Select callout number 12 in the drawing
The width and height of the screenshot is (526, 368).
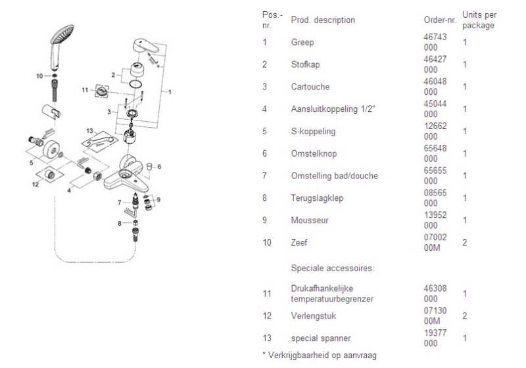pyautogui.click(x=36, y=185)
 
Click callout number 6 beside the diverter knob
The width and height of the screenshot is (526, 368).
pyautogui.click(x=158, y=167)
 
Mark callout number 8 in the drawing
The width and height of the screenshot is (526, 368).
pyautogui.click(x=120, y=224)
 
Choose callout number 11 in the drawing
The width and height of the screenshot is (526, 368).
pyautogui.click(x=84, y=90)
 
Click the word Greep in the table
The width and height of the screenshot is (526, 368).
pyautogui.click(x=302, y=42)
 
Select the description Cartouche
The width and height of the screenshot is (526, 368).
pyautogui.click(x=310, y=87)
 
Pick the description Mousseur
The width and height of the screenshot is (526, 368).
pyautogui.click(x=309, y=221)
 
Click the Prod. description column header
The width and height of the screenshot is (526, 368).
pyautogui.click(x=322, y=20)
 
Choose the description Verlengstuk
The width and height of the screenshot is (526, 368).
pyautogui.click(x=313, y=316)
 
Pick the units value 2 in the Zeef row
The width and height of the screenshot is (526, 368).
pyautogui.click(x=464, y=243)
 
